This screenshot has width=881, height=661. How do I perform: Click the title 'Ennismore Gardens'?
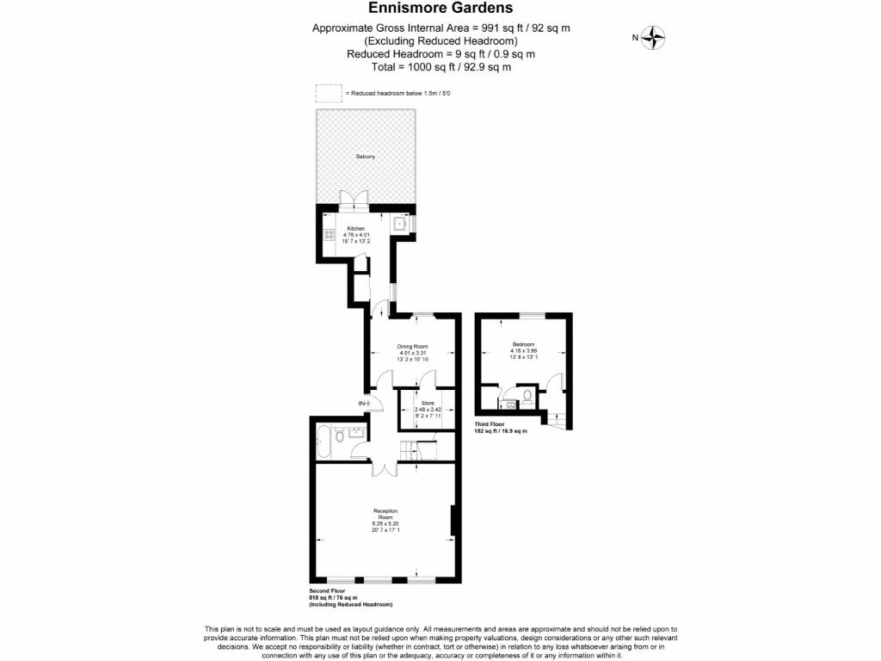pyautogui.click(x=440, y=9)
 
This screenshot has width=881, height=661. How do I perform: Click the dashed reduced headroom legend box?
pyautogui.click(x=328, y=93)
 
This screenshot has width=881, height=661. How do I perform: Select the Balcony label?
pyautogui.click(x=366, y=158)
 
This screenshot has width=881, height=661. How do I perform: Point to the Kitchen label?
pyautogui.click(x=356, y=228)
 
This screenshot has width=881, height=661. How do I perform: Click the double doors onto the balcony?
pyautogui.click(x=354, y=199)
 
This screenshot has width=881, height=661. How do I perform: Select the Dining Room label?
pyautogui.click(x=412, y=346)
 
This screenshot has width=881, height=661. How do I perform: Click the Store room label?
pyautogui.click(x=428, y=402)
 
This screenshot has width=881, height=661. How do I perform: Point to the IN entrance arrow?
pyautogui.click(x=363, y=404)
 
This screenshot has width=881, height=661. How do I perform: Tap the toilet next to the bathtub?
pyautogui.click(x=341, y=437)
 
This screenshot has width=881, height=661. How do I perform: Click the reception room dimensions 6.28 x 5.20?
pyautogui.click(x=385, y=524)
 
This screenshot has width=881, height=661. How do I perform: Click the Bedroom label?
pyautogui.click(x=523, y=344)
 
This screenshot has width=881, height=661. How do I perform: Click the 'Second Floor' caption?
pyautogui.click(x=327, y=591)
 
